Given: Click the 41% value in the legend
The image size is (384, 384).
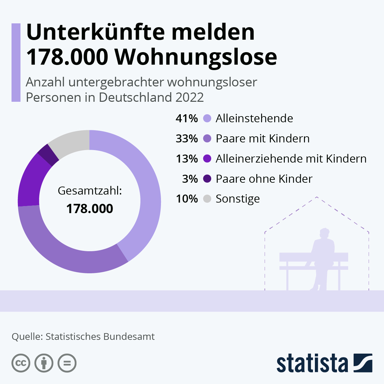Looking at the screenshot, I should point(187,118).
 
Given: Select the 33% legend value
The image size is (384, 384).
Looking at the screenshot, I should point(187,139).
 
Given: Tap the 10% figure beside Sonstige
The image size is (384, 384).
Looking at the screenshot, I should point(187,199).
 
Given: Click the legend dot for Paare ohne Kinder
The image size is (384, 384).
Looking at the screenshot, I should point(207,179).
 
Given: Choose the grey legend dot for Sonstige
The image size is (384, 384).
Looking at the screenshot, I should point(207,199).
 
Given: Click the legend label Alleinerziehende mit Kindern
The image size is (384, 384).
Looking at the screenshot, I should point(291,159).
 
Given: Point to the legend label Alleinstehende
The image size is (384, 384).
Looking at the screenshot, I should point(254,118).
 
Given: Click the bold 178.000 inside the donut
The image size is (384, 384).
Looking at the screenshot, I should point(90,209).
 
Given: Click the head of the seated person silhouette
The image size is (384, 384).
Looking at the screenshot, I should point(325,233).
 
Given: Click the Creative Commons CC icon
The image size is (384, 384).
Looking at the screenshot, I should point(21,363).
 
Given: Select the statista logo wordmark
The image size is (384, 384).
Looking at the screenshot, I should point(312,363).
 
